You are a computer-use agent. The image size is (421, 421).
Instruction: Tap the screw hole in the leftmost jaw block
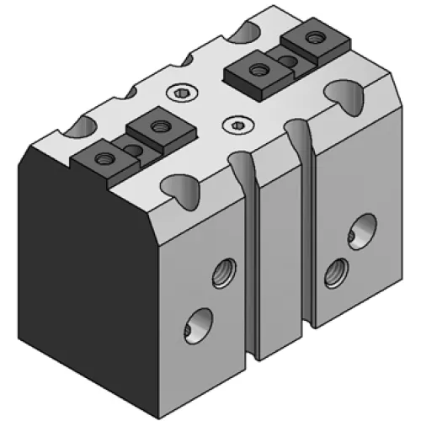tap(103, 157)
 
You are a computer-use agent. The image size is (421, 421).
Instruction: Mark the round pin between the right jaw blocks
tap(286, 61)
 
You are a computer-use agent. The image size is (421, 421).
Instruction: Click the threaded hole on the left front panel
tap(222, 270)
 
